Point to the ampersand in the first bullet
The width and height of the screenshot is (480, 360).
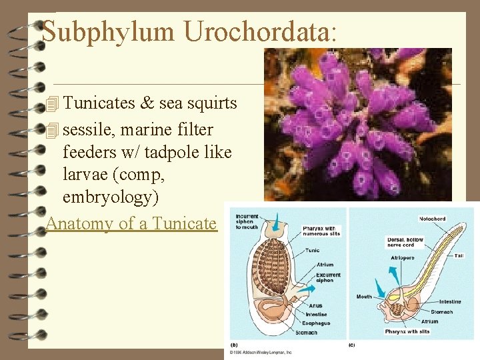point(147,103)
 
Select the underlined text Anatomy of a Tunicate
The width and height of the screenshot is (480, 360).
point(132,223)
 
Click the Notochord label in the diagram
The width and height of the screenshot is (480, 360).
point(433,219)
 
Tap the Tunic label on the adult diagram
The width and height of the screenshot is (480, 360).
point(312,251)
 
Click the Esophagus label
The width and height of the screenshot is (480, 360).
point(317,322)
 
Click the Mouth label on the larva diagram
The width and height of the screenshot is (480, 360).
point(364,297)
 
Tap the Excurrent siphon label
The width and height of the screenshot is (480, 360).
point(329,277)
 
